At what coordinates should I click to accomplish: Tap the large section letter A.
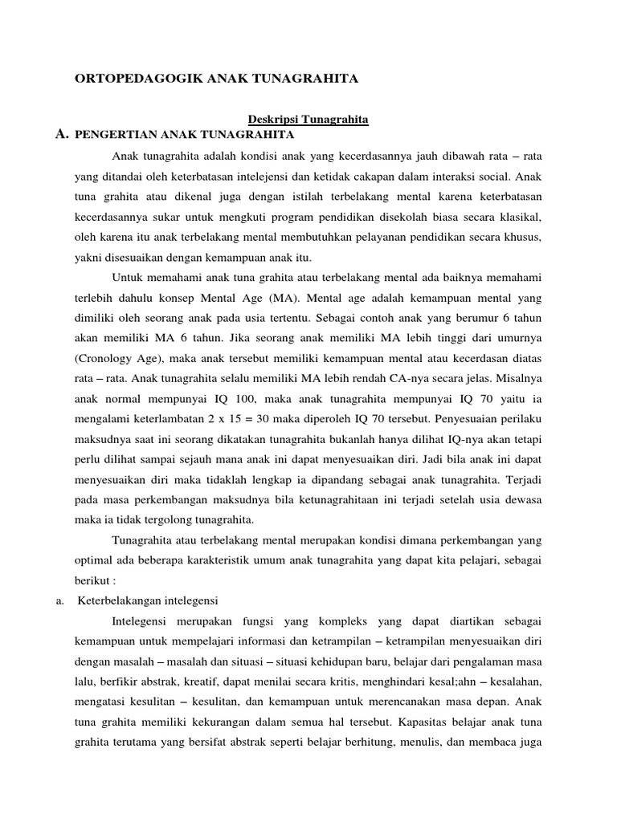pyautogui.click(x=61, y=134)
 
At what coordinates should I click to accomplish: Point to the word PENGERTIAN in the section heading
pyautogui.click(x=107, y=135)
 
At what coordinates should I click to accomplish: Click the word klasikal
pyautogui.click(x=518, y=218)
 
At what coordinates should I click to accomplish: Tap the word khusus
pyautogui.click(x=522, y=238)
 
